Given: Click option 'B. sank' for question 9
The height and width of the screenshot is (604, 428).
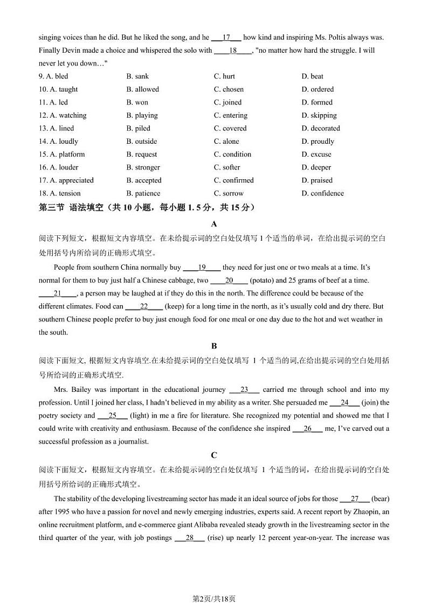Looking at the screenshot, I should (x=137, y=76).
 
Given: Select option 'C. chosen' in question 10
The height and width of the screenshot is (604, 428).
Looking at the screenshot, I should (x=229, y=89).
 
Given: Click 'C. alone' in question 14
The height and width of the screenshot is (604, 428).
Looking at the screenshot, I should (x=226, y=142).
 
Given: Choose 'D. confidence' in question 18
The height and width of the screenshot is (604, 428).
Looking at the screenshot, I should (x=322, y=193).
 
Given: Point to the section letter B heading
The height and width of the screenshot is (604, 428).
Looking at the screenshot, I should (x=214, y=346).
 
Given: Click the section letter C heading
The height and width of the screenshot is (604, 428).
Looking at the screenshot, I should (x=214, y=455).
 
